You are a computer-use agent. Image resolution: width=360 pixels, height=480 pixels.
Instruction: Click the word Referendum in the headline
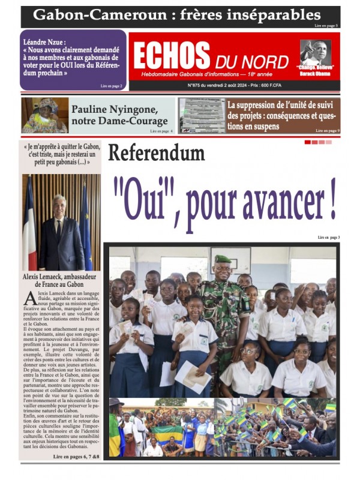tap(156, 153)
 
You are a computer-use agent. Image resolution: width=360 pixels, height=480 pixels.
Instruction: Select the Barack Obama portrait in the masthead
tap(315, 53)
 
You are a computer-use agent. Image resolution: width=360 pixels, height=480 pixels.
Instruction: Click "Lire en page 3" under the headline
tap(329, 238)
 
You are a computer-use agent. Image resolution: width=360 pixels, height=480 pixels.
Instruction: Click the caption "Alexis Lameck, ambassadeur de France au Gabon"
tap(60, 281)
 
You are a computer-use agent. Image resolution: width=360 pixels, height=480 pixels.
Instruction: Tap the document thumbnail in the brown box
tap(202, 115)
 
